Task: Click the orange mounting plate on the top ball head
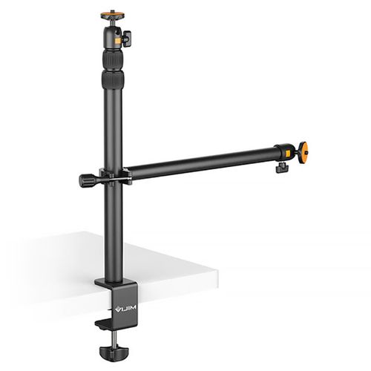(113, 16)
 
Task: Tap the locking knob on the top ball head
(127, 39)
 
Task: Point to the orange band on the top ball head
(118, 41)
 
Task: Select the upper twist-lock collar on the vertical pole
(113, 60)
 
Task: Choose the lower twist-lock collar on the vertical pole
(113, 79)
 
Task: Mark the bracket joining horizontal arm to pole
(116, 176)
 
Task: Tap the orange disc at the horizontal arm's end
(303, 154)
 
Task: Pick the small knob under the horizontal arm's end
(282, 168)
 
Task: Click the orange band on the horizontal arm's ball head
(288, 154)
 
